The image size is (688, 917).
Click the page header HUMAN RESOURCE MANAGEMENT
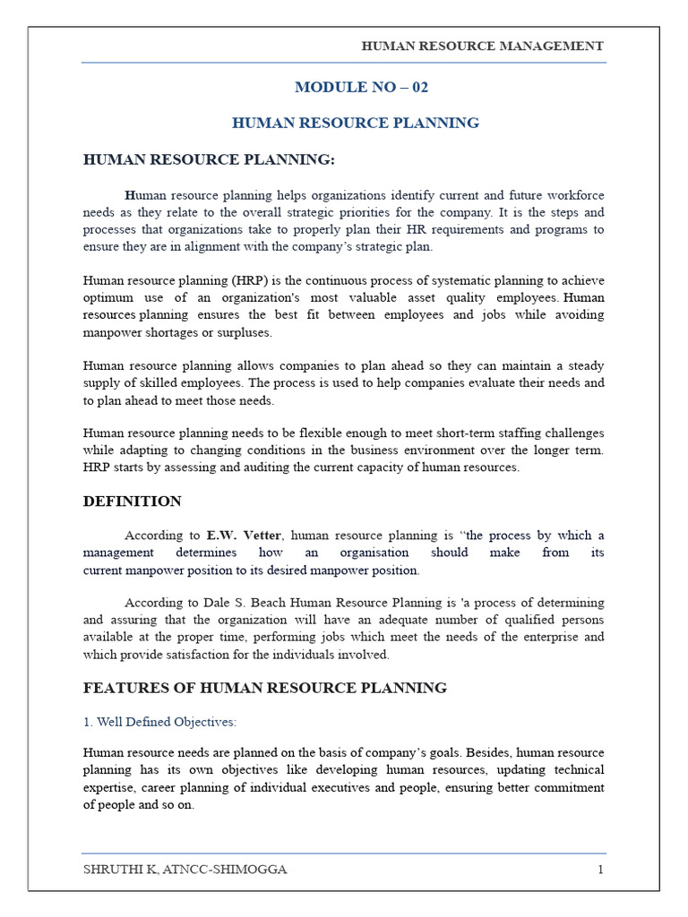(x=482, y=46)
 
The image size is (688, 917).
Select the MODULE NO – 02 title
(x=356, y=87)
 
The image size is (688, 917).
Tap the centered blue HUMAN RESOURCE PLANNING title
(x=356, y=123)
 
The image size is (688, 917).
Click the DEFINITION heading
(x=132, y=501)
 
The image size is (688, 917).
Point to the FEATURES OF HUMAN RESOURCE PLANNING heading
(x=264, y=688)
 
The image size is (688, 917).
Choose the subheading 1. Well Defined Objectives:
(x=159, y=722)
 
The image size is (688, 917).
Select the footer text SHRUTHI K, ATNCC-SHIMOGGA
(x=185, y=870)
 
